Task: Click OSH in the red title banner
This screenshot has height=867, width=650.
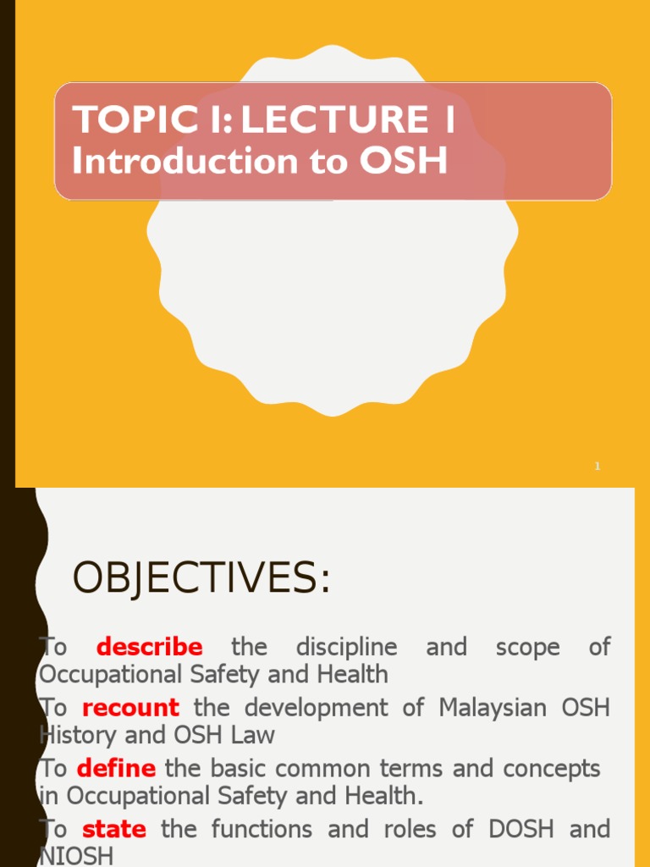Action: pos(403,161)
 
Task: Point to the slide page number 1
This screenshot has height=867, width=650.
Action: pos(597,467)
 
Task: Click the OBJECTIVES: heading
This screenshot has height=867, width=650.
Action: pos(201,579)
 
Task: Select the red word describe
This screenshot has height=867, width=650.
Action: pos(150,648)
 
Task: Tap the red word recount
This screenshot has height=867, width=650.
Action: pos(130,708)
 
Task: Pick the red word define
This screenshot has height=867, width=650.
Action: pos(116,769)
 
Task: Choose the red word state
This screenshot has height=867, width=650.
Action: pos(114,829)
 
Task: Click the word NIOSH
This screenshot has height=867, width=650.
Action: pos(76,856)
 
